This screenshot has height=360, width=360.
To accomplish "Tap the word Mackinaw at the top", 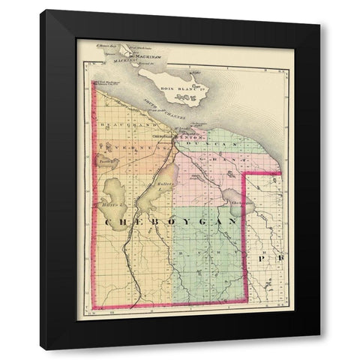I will (146, 57).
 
